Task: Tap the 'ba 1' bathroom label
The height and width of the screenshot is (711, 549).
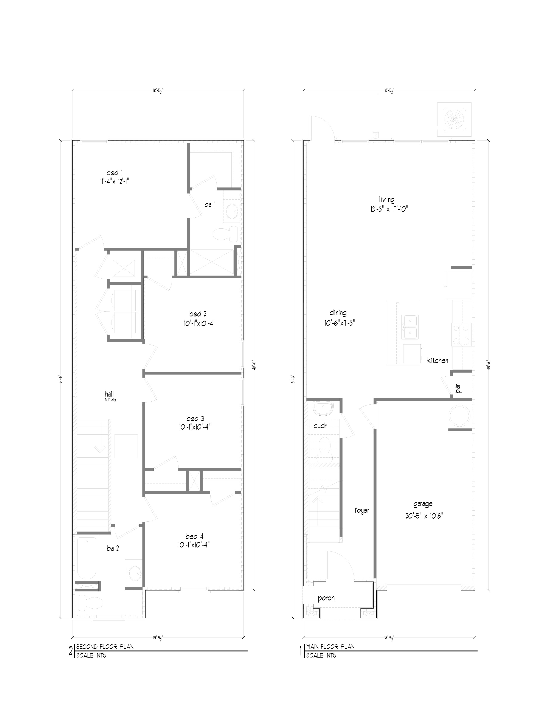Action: [210, 204]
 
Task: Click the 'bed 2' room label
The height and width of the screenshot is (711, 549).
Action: [198, 314]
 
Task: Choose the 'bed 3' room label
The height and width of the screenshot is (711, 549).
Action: [195, 418]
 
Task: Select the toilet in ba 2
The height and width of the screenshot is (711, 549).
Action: [86, 603]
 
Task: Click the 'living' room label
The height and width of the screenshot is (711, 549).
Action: [387, 199]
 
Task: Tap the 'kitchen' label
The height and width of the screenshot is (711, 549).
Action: [437, 360]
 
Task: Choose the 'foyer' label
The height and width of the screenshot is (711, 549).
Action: [362, 510]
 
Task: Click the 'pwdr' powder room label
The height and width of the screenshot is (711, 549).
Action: [320, 426]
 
